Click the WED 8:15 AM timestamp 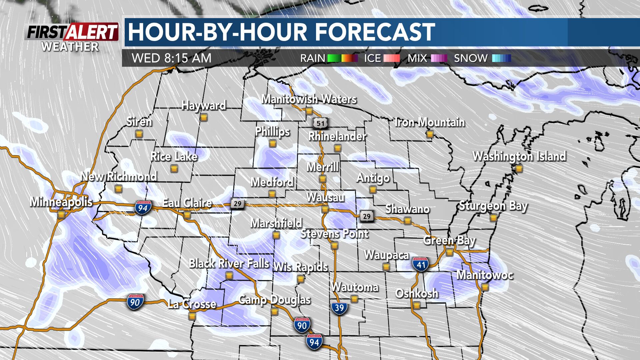click(x=172, y=58)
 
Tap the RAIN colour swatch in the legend click(x=342, y=58)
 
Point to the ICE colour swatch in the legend click(x=391, y=58)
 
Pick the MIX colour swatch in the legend click(x=439, y=58)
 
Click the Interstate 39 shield click(x=339, y=307)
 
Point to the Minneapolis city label click(x=61, y=202)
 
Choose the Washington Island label click(x=519, y=156)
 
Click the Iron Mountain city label click(x=429, y=123)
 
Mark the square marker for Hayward click(x=204, y=117)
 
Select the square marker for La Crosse click(x=192, y=316)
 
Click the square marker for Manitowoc click(x=485, y=287)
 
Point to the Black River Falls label click(x=229, y=264)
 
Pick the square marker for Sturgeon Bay click(x=493, y=218)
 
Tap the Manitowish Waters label click(x=309, y=99)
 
